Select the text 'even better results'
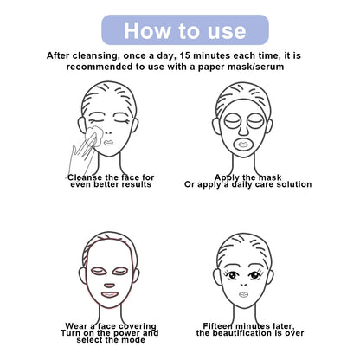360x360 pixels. click(x=110, y=184)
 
